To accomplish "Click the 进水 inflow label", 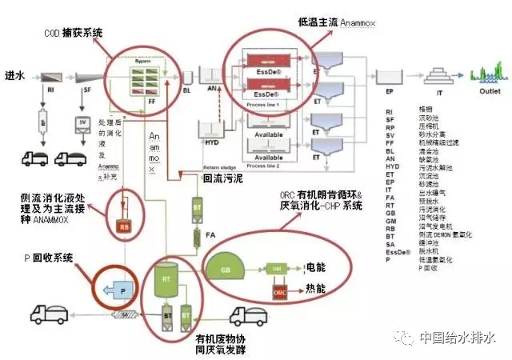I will tap(16, 74).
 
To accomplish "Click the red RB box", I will tap(124, 226).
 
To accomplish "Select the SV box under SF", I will tap(81, 122).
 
